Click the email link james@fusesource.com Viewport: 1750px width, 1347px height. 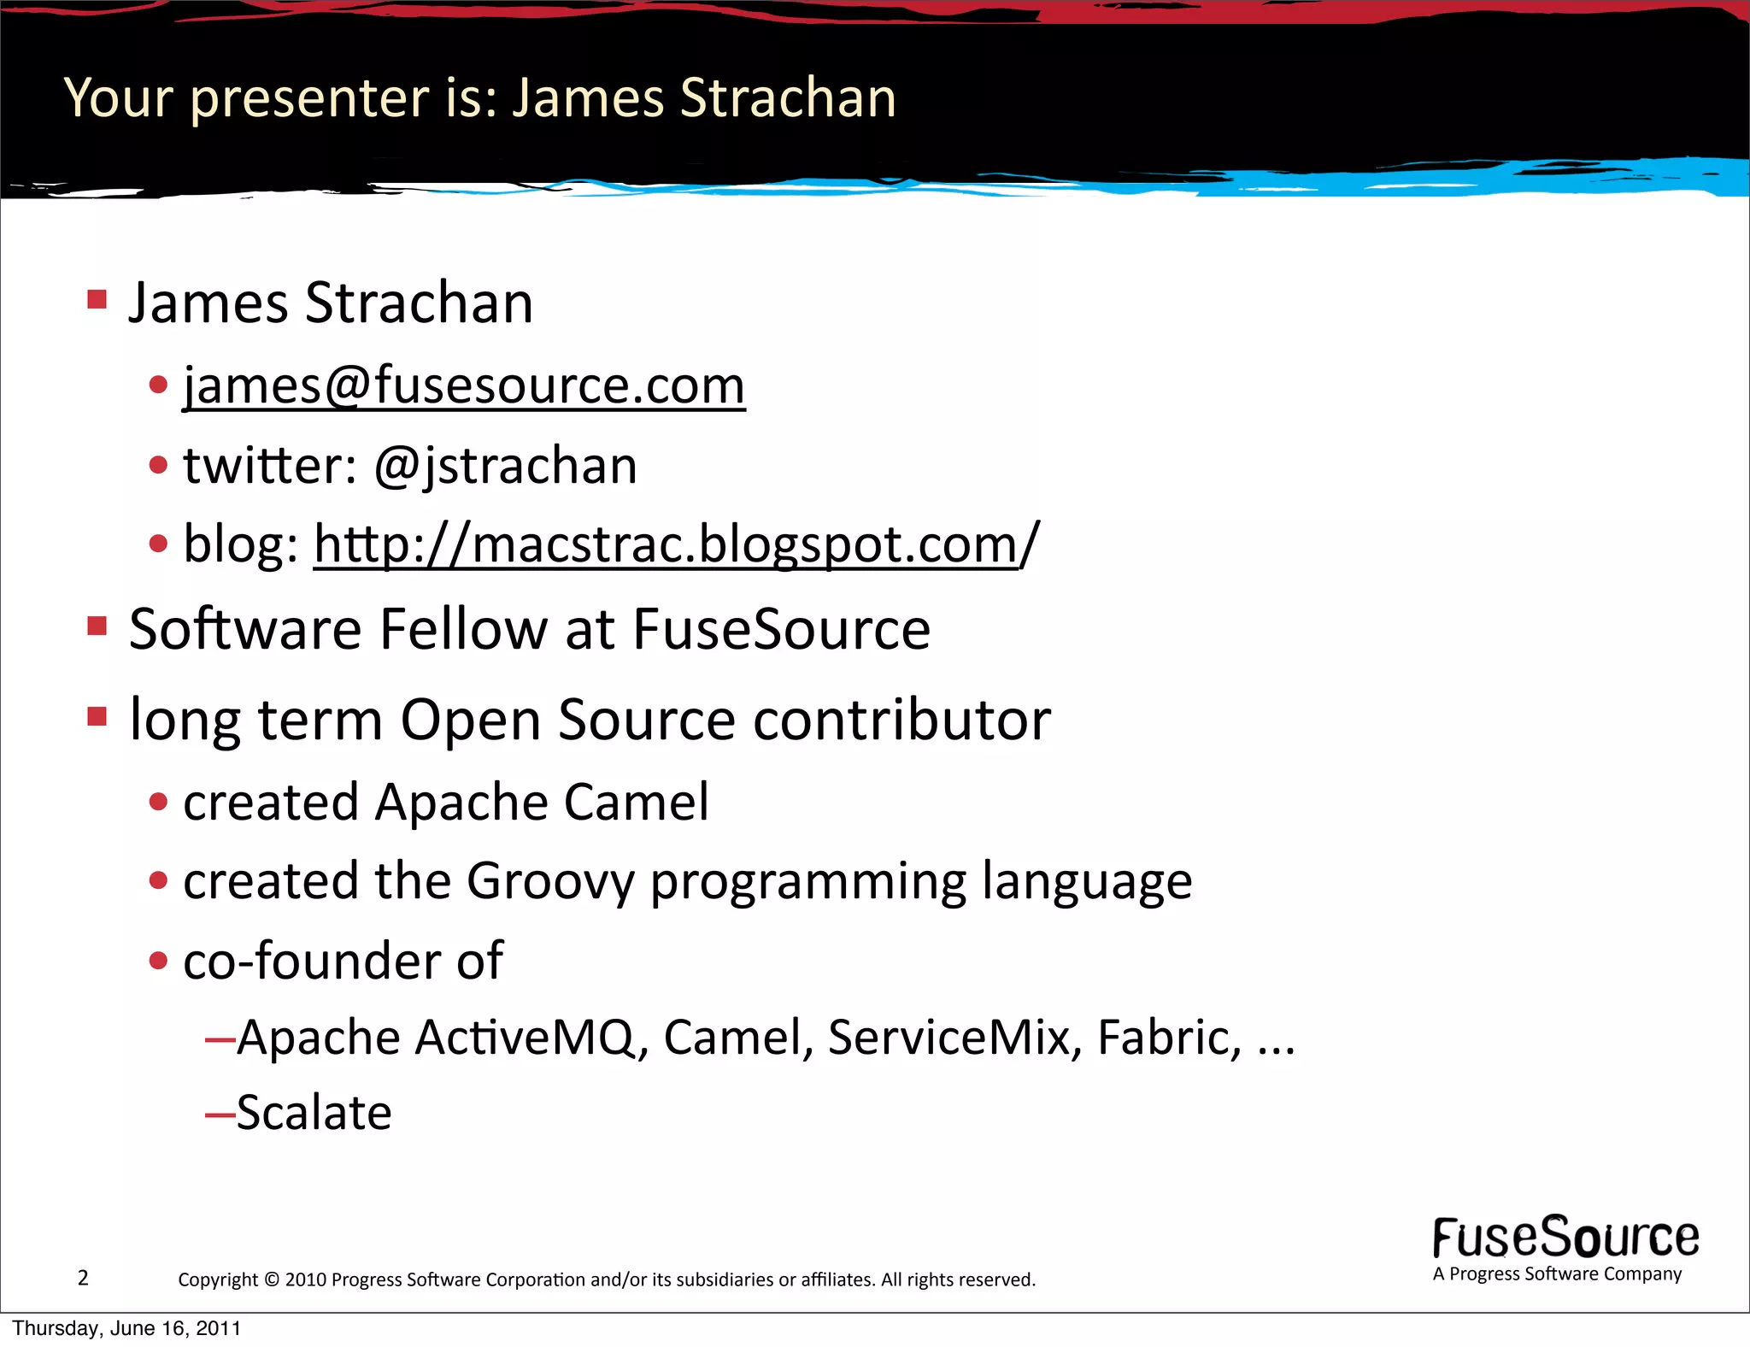pyautogui.click(x=464, y=386)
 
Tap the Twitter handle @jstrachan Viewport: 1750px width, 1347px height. pyautogui.click(x=506, y=467)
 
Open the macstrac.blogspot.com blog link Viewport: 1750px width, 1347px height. pyautogui.click(x=676, y=544)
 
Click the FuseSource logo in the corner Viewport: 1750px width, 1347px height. pyautogui.click(x=1565, y=1238)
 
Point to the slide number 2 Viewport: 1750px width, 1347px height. pyautogui.click(x=83, y=1278)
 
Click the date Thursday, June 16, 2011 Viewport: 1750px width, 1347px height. pyautogui.click(x=126, y=1329)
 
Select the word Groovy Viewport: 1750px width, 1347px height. pyautogui.click(x=550, y=881)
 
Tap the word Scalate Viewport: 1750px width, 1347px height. pyautogui.click(x=314, y=1113)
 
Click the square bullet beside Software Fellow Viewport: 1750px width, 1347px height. pyautogui.click(x=97, y=626)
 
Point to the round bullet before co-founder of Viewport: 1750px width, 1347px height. pyautogui.click(x=158, y=961)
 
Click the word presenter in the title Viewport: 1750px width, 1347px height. pyautogui.click(x=308, y=97)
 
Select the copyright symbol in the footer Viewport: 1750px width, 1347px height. pyautogui.click(x=272, y=1279)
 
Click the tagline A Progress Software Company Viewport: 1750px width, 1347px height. pyautogui.click(x=1557, y=1274)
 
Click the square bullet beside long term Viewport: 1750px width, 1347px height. pyautogui.click(x=97, y=716)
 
